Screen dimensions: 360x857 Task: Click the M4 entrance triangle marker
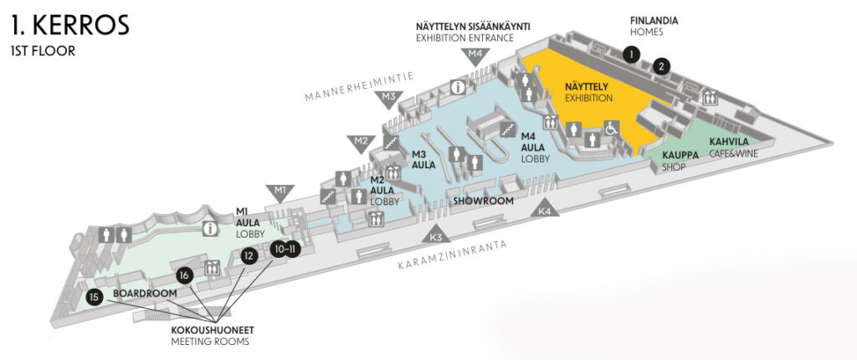point(475,56)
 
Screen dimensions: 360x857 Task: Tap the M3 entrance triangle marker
point(388,98)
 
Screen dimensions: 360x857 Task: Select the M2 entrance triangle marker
point(361,141)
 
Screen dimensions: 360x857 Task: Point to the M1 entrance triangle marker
point(280,191)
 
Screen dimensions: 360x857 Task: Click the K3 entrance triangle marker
point(435,234)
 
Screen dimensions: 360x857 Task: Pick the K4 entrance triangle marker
point(546,209)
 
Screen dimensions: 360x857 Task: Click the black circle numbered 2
point(662,65)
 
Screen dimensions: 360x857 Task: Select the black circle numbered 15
point(95,296)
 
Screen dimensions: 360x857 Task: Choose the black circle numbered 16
point(184,274)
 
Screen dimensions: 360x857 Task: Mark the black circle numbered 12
point(247,256)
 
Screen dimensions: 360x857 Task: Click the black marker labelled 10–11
point(285,249)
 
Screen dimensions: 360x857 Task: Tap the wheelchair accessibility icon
point(611,129)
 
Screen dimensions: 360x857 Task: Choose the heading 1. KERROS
point(71,25)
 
